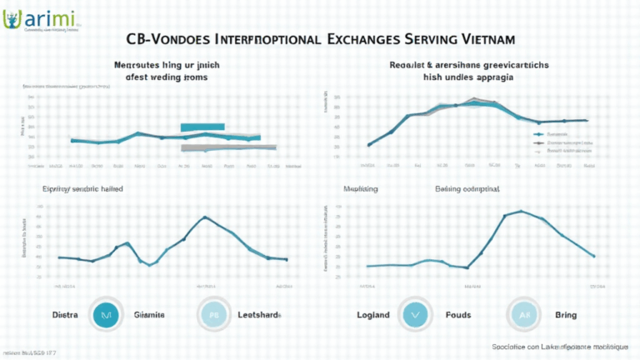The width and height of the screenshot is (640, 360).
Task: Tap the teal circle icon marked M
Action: tap(106, 316)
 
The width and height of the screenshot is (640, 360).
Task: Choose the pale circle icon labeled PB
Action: tap(212, 316)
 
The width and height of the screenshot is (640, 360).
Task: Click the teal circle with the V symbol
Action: tap(413, 316)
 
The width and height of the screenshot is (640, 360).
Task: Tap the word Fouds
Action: tap(457, 316)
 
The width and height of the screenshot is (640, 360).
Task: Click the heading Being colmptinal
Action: tap(467, 189)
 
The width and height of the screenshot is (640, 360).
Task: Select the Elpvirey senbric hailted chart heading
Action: tap(83, 189)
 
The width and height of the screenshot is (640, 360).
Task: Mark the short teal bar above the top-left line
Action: tap(202, 127)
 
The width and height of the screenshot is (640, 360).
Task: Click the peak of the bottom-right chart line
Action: tap(520, 211)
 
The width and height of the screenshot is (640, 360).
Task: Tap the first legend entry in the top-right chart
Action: tap(558, 133)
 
